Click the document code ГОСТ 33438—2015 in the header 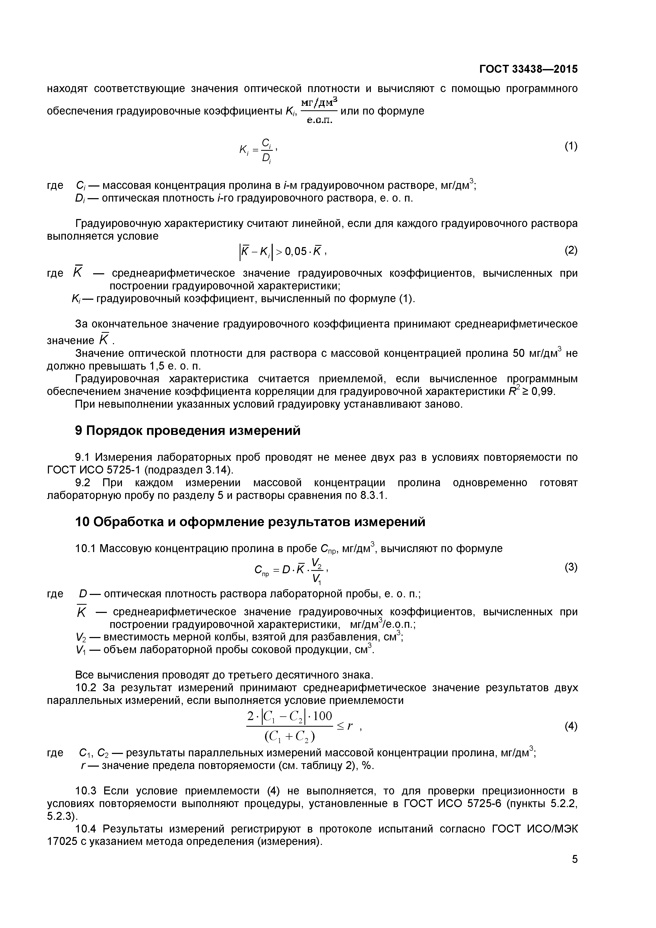(528, 70)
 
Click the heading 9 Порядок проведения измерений (188, 431)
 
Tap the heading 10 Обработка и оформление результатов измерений (250, 522)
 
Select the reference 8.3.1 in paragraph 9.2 (373, 495)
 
